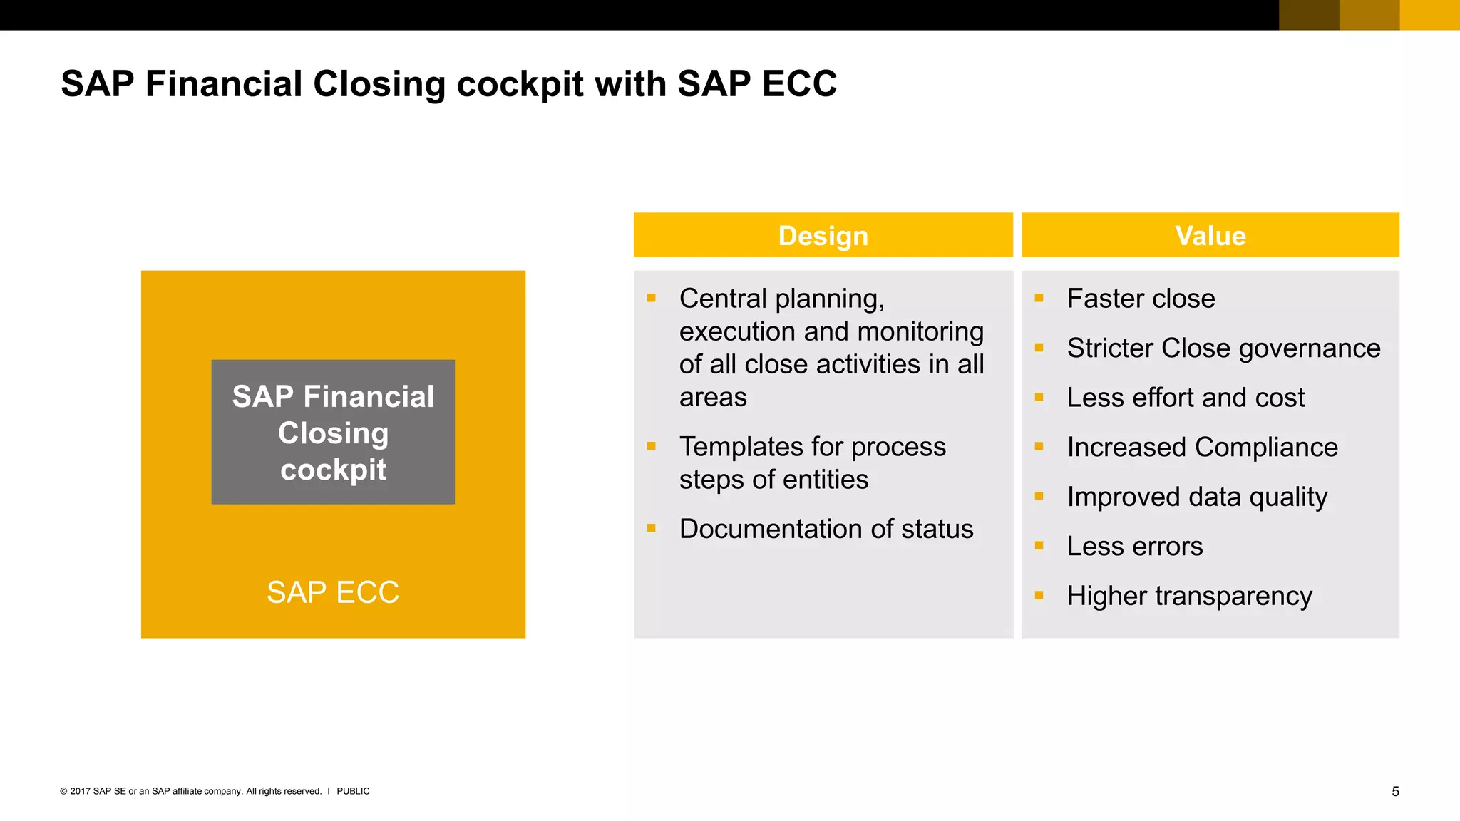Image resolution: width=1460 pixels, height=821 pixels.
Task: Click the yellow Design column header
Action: pos(823,235)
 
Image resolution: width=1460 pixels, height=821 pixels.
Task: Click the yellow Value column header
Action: pos(1210,235)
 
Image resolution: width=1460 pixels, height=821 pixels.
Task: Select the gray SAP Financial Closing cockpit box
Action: pos(333,432)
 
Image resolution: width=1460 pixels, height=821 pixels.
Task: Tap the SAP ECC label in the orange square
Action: pos(333,592)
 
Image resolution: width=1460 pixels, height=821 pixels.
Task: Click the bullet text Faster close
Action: pos(1141,299)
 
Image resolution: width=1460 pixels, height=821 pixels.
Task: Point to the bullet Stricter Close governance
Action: pos(1223,348)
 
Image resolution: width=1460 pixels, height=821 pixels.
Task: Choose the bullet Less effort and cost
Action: pos(1186,398)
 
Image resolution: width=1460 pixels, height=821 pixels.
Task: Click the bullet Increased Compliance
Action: pos(1202,448)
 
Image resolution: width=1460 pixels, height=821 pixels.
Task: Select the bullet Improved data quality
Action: pos(1197,497)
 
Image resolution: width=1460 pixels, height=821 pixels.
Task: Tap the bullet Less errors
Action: pos(1134,547)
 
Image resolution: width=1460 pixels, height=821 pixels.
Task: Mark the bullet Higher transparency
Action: pos(1189,596)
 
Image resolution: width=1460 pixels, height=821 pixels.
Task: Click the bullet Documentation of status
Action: pos(826,529)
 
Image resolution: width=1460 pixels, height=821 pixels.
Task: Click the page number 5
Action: pos(1395,791)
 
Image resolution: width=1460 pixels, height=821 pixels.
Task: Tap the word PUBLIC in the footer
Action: pos(353,791)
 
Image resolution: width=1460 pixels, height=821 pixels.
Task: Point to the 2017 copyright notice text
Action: pos(190,791)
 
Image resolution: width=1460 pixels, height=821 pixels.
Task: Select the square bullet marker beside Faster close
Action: pos(1039,298)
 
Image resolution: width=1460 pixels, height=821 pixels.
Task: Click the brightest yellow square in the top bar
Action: pos(1429,15)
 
